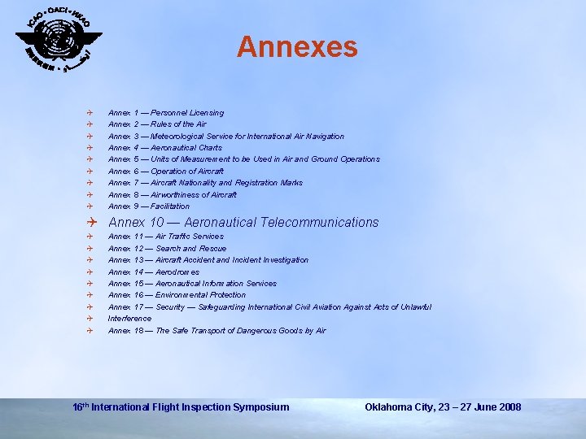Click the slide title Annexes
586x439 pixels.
(297, 46)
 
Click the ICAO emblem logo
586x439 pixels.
(59, 41)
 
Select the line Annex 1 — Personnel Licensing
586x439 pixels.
(166, 113)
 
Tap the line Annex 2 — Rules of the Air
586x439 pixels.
(157, 124)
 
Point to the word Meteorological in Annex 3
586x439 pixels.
(177, 137)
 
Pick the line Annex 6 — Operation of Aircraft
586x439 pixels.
(166, 172)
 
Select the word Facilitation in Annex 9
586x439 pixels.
(170, 206)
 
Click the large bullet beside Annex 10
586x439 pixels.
(94, 222)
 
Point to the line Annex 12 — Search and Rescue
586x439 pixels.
(168, 249)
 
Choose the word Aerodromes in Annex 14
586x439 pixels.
(177, 272)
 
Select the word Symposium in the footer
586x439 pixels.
(261, 406)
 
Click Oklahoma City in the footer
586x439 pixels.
(393, 406)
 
